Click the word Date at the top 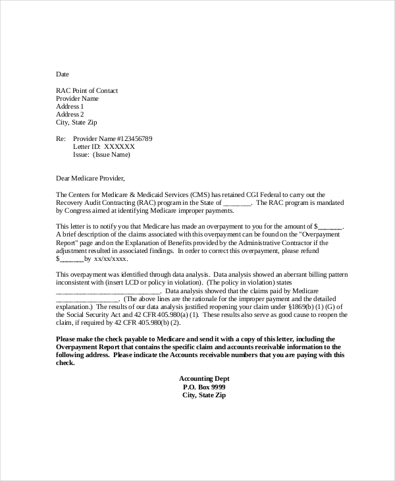pos(63,74)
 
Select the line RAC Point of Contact pos(87,90)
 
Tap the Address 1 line pos(70,106)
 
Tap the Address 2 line pos(70,114)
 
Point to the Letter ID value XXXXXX pos(115,147)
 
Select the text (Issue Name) pos(111,155)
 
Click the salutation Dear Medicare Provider pos(90,178)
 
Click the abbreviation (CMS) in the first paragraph pos(201,195)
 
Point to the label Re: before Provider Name pos(61,139)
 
